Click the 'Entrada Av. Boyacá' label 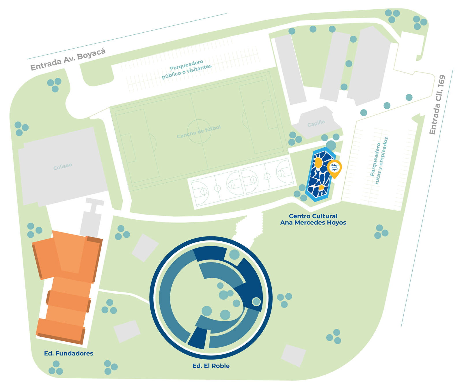68,59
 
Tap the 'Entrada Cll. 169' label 437,105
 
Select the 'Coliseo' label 63,166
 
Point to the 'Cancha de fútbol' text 199,132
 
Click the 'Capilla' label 316,123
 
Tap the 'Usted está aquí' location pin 334,169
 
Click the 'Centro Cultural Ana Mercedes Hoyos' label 313,219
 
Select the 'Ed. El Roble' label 211,366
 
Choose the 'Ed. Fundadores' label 69,353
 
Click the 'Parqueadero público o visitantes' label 187,69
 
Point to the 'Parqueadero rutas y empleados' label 379,161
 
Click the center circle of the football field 199,131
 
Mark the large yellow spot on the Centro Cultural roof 318,163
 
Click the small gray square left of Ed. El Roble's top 145,248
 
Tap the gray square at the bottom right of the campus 293,356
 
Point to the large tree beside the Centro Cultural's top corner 331,145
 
